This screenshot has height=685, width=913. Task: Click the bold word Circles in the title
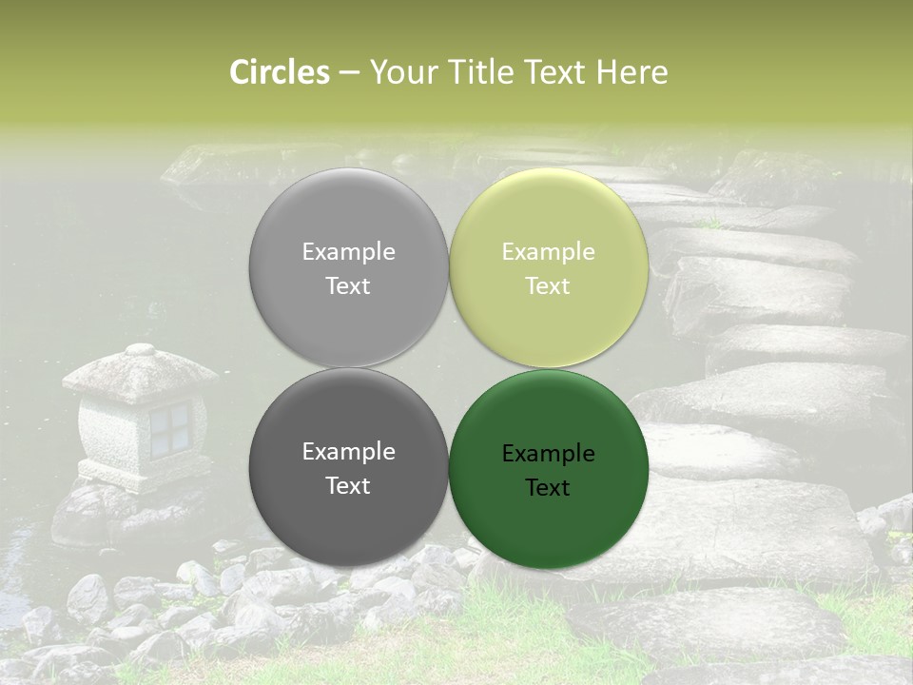[280, 72]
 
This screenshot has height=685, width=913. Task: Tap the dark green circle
[549, 523]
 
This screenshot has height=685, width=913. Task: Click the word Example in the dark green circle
[548, 454]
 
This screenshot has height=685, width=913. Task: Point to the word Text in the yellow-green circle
[548, 286]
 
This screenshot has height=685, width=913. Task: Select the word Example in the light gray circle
[348, 252]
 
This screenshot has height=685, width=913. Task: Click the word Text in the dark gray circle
[348, 486]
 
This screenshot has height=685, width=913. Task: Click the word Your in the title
[400, 72]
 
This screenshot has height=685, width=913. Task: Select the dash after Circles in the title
[349, 72]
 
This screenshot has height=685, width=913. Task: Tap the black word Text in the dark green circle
[548, 488]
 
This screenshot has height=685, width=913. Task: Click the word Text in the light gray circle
[348, 286]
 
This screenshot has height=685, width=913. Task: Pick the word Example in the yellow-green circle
[548, 252]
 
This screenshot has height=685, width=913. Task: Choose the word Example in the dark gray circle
[348, 452]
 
